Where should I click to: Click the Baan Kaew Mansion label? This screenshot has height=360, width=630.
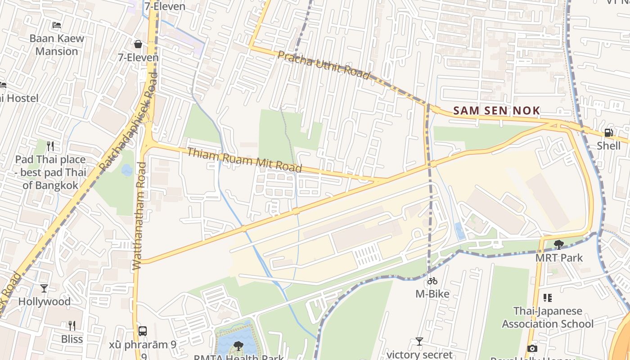point(57,45)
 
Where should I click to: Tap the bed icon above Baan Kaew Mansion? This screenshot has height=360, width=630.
point(57,25)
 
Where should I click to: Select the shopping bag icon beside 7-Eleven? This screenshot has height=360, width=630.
point(138,44)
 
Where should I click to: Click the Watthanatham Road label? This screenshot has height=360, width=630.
point(139,216)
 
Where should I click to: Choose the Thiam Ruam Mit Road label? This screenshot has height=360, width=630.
point(244,159)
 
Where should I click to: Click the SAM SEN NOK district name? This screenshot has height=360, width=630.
point(496,111)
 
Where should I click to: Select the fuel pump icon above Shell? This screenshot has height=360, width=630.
point(608,132)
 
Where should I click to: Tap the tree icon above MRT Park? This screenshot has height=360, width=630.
point(559,245)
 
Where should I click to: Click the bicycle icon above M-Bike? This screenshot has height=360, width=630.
point(432,281)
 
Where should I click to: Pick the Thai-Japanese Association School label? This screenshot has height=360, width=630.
point(548,317)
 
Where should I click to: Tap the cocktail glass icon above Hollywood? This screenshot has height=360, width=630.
point(44,288)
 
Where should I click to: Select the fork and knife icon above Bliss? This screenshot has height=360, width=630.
point(72,325)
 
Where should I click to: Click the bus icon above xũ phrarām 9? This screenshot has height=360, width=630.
point(143,331)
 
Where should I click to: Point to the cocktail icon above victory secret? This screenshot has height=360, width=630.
point(419,342)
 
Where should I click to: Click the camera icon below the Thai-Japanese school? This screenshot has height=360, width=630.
point(532,348)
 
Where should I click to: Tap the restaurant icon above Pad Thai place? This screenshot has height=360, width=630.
point(50,146)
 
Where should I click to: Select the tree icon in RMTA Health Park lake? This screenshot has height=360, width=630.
point(238,346)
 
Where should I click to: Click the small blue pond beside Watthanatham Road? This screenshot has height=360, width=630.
point(127,170)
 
